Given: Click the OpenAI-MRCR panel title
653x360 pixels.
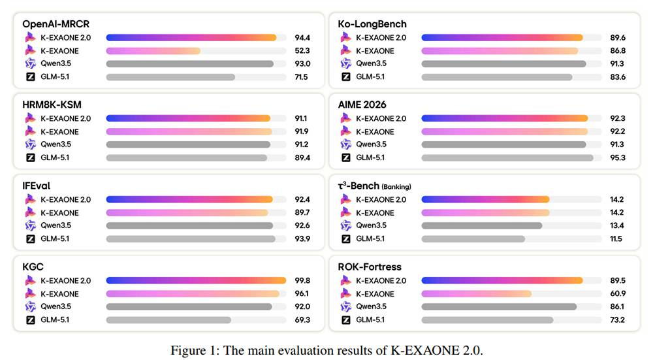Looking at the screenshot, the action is pos(56,24).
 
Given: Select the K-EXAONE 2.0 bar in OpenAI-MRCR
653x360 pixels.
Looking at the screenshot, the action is pos(191,37).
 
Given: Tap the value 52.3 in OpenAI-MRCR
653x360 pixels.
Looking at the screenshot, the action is pos(302,51).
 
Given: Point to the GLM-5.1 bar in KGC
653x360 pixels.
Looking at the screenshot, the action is pos(168,320).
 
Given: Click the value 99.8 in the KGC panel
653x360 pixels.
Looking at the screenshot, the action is pos(302,281).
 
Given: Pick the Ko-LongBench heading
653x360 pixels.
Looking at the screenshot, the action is pos(372,24).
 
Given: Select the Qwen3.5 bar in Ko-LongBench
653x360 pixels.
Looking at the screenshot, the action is pos(504,64).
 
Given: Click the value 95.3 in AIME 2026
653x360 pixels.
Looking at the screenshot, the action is pos(618,158).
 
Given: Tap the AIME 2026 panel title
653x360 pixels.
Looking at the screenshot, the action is pos(362,105).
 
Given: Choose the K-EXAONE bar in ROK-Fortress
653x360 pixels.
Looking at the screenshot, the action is pos(477,294).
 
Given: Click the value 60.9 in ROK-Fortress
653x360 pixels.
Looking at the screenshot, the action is pos(618,294).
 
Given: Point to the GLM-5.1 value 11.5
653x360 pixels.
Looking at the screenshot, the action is pos(616,238).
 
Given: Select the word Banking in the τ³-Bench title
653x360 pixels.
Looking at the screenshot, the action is pos(396,187).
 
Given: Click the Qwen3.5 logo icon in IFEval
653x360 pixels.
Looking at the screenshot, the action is pos(31,225).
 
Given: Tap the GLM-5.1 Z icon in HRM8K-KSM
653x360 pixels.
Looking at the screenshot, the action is pos(31,157).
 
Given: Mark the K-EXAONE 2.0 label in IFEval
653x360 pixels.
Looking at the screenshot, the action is pos(65,199).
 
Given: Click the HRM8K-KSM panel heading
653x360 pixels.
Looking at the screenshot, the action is pos(52,105).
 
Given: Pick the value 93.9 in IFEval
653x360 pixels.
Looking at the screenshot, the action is pos(302,238).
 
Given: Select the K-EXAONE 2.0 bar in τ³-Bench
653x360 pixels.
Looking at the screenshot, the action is pos(485,199).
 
